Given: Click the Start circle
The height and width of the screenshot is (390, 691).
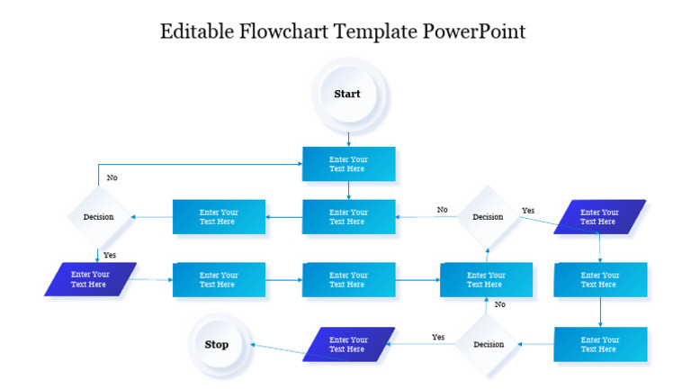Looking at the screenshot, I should click(348, 94).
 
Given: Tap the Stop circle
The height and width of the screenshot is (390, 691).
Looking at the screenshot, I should click(217, 344).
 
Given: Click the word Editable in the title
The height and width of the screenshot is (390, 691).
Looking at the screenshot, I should click(196, 32).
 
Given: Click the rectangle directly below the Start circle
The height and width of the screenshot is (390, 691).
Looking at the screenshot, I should click(348, 164).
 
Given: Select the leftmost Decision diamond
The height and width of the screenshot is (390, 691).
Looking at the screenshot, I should click(98, 217).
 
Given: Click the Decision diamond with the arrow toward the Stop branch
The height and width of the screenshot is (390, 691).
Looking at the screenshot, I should click(488, 344).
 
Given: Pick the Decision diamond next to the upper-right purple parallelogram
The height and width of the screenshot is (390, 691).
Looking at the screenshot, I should click(488, 217).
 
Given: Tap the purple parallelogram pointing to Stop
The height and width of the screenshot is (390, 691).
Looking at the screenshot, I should click(348, 344).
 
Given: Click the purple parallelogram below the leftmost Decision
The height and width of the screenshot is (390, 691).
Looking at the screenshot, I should click(90, 279).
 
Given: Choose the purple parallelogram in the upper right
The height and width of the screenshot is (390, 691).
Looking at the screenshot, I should click(599, 217).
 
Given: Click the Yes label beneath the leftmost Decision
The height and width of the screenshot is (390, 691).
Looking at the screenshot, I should click(110, 255).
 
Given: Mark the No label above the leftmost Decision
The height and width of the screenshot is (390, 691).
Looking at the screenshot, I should click(112, 177).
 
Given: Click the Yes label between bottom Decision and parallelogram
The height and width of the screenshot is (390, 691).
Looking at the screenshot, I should click(438, 337).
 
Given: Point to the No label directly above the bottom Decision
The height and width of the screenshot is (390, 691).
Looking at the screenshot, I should click(499, 304).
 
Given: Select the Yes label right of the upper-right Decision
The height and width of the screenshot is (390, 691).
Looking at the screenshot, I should click(528, 211).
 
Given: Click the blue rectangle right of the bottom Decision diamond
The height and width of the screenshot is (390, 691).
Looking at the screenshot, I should click(599, 344).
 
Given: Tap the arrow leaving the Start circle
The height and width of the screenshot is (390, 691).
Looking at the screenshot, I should click(348, 137).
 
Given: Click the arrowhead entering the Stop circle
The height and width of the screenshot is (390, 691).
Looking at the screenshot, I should click(253, 344).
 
